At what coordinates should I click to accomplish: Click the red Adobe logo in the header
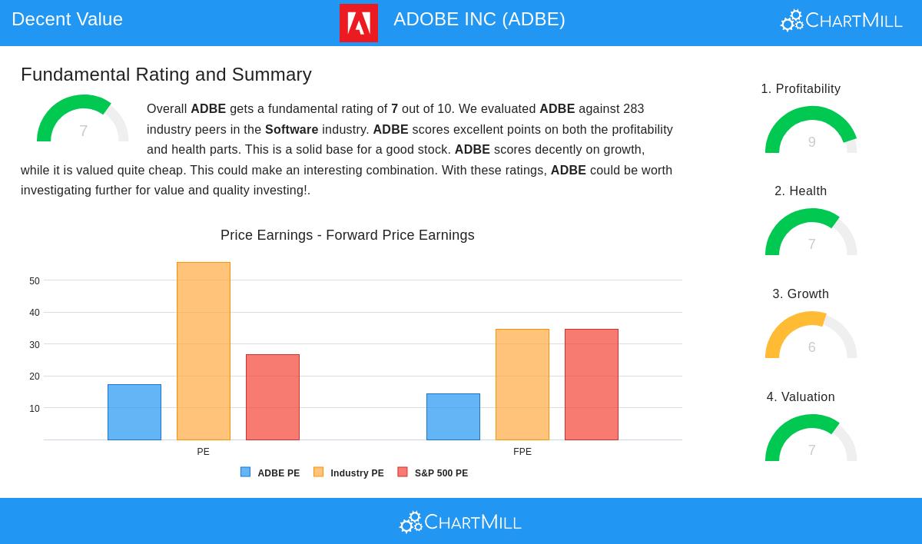click(x=359, y=23)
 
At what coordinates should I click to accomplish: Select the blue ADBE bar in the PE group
click(x=134, y=412)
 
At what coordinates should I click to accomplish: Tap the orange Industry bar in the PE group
click(x=204, y=351)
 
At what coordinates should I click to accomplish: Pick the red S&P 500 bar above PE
click(x=273, y=397)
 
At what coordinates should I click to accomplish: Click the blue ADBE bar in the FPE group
click(x=453, y=417)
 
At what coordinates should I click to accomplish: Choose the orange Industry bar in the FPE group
click(x=522, y=384)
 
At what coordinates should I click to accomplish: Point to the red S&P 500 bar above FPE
click(x=592, y=384)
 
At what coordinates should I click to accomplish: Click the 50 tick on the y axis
click(x=35, y=281)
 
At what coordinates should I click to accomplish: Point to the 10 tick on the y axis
click(x=35, y=409)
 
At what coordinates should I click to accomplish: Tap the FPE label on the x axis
click(x=522, y=452)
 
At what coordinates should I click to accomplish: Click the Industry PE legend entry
click(x=349, y=473)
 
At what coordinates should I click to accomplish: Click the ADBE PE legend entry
click(x=270, y=473)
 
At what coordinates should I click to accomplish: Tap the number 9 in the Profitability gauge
click(x=811, y=142)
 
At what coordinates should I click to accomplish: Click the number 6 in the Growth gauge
click(x=811, y=347)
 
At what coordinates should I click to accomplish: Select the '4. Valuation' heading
click(x=801, y=396)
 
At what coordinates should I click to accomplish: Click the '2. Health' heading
click(x=801, y=191)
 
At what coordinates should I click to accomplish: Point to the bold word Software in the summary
click(x=291, y=129)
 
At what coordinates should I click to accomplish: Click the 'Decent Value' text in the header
click(x=67, y=19)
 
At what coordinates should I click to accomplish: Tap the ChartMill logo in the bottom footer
click(x=460, y=522)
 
